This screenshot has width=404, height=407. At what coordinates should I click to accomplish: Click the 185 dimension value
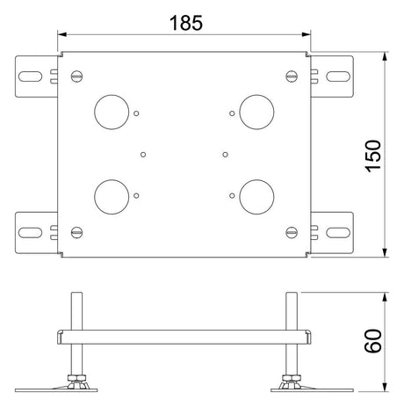tap(186, 23)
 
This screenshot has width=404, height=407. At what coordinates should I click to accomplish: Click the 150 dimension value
tap(373, 156)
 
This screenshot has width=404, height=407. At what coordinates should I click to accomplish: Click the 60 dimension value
tap(373, 341)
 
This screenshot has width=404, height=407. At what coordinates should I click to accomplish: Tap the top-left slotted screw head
tap(77, 76)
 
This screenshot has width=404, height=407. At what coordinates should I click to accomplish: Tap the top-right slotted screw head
tap(292, 76)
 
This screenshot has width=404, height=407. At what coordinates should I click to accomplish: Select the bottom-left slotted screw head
tap(77, 232)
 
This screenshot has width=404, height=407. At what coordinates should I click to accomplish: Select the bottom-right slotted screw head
tap(292, 232)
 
